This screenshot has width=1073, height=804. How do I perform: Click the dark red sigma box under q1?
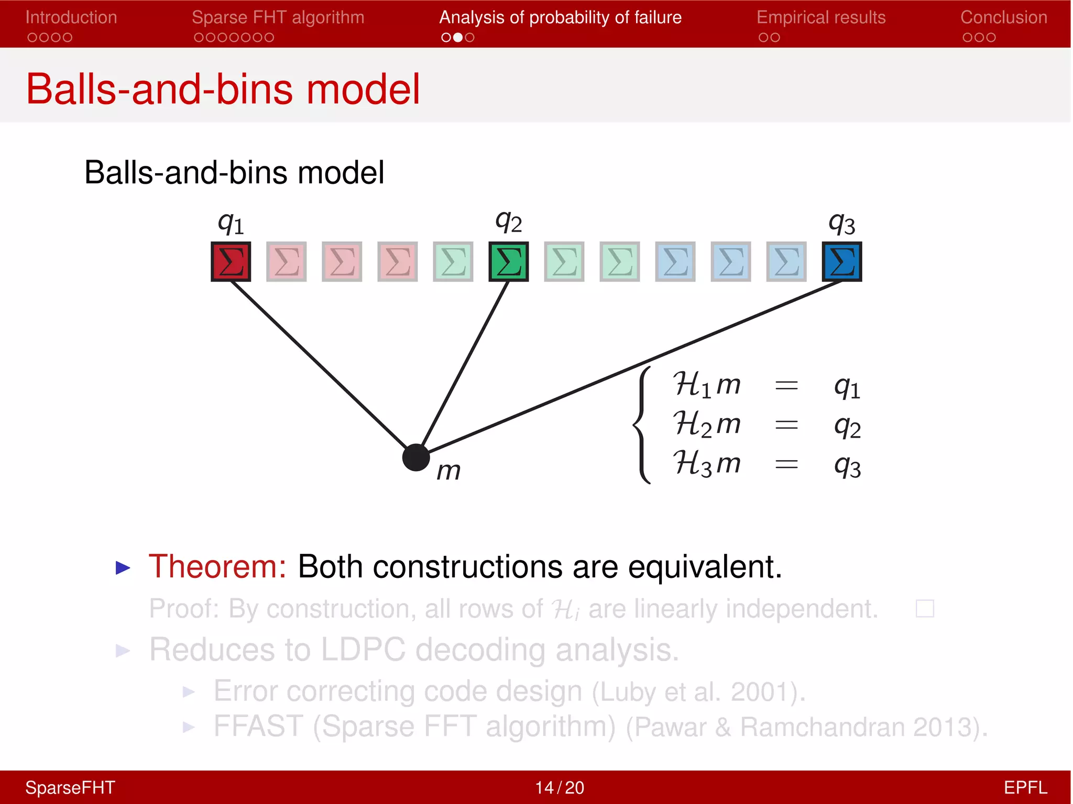coord(231,261)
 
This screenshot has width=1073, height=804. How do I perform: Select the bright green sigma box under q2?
coord(508,261)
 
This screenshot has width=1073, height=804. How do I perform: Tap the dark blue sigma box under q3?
coord(841,261)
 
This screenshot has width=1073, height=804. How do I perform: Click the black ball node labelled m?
coord(416,457)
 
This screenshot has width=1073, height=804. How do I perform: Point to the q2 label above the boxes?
coord(508,222)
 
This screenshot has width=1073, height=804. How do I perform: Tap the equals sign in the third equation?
coord(786,464)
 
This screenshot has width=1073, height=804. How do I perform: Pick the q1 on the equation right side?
coord(847,387)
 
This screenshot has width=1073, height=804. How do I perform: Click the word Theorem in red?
coord(217,567)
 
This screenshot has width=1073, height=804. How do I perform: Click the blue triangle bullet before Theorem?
coord(123,568)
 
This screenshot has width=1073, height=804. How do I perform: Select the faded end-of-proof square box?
coord(924,609)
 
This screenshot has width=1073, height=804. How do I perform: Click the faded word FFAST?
coord(258,727)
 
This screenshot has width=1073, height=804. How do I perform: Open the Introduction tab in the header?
coord(71,18)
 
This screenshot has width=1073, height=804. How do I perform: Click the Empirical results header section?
coord(820,18)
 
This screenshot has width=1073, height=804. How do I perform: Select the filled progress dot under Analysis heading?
coord(458,38)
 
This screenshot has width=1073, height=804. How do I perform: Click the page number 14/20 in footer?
coord(559,788)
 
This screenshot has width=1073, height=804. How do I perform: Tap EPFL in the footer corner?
coord(1025,788)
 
